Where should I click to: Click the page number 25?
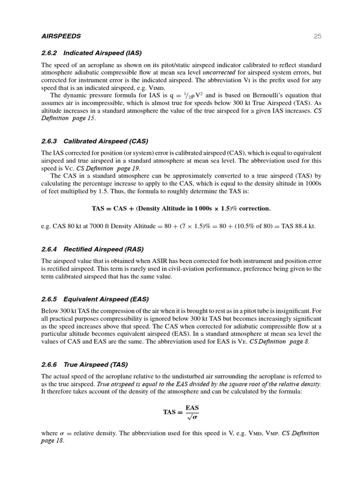[x=317, y=36]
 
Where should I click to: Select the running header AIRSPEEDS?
[x=61, y=36]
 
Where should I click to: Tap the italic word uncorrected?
[x=219, y=73]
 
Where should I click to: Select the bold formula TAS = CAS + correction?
[x=181, y=208]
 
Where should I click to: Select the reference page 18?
[x=52, y=441]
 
